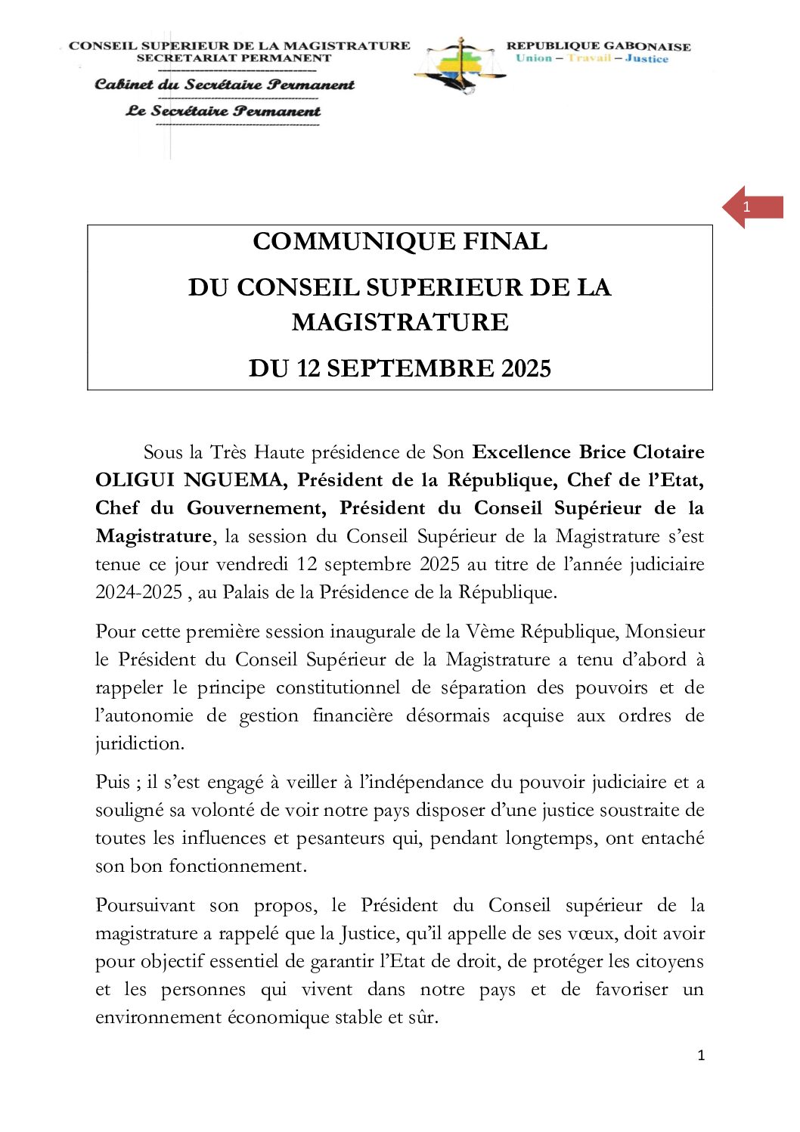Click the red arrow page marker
(752, 207)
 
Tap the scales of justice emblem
(460, 65)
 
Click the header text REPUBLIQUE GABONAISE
(598, 46)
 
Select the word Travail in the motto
(589, 58)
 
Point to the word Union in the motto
(534, 58)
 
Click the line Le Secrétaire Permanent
(223, 111)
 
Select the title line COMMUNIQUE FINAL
(400, 241)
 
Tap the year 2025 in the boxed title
(526, 368)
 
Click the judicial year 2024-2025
(139, 592)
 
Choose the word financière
(352, 715)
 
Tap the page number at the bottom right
(701, 1056)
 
